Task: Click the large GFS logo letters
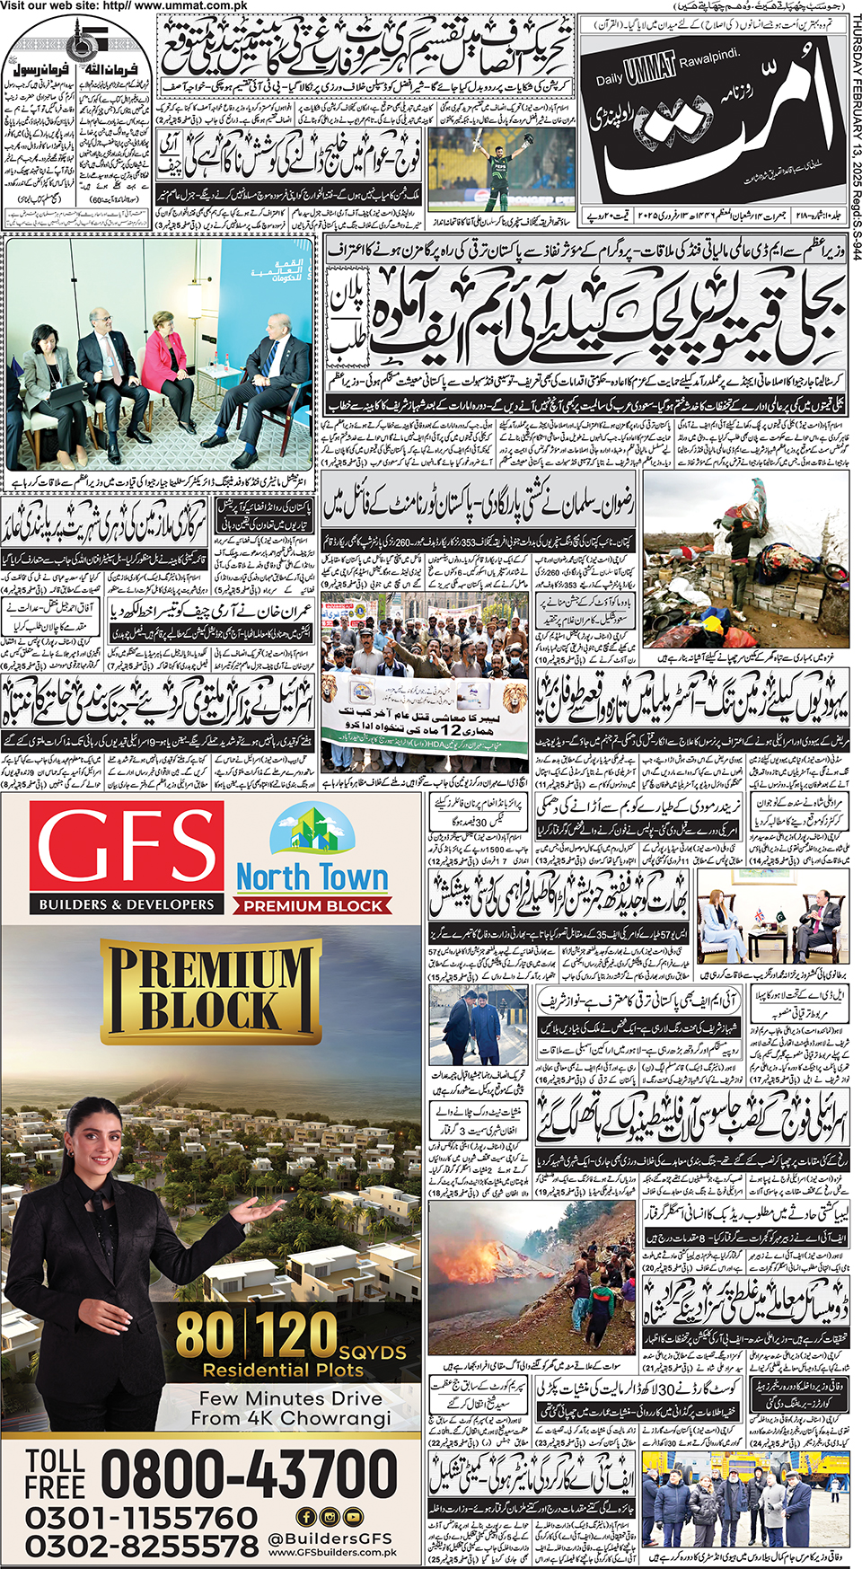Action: (x=126, y=848)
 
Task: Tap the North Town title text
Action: (x=312, y=877)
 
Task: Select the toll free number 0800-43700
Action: (x=247, y=1474)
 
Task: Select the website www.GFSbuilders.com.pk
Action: (x=332, y=1552)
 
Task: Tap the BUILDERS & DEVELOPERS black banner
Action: (x=127, y=904)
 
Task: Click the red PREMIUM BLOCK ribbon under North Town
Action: (x=312, y=906)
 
